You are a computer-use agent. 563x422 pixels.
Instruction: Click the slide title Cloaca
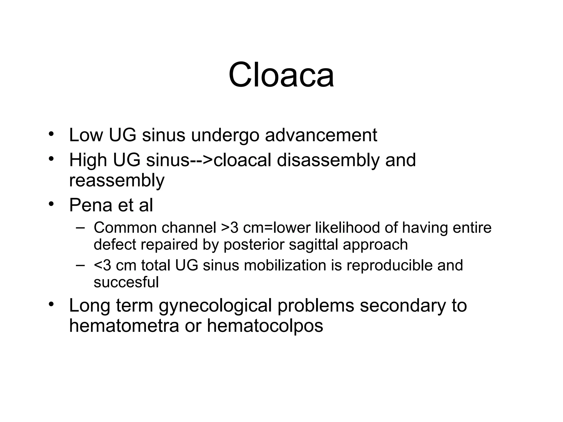281,75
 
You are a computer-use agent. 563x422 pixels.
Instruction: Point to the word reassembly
117,181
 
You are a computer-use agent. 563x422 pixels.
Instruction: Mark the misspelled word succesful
126,282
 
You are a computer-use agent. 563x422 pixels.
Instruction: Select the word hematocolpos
265,326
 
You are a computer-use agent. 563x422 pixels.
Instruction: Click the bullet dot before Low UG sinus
51,134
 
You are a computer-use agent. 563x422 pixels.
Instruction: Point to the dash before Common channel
80,227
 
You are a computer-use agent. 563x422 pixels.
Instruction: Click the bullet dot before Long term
51,304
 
